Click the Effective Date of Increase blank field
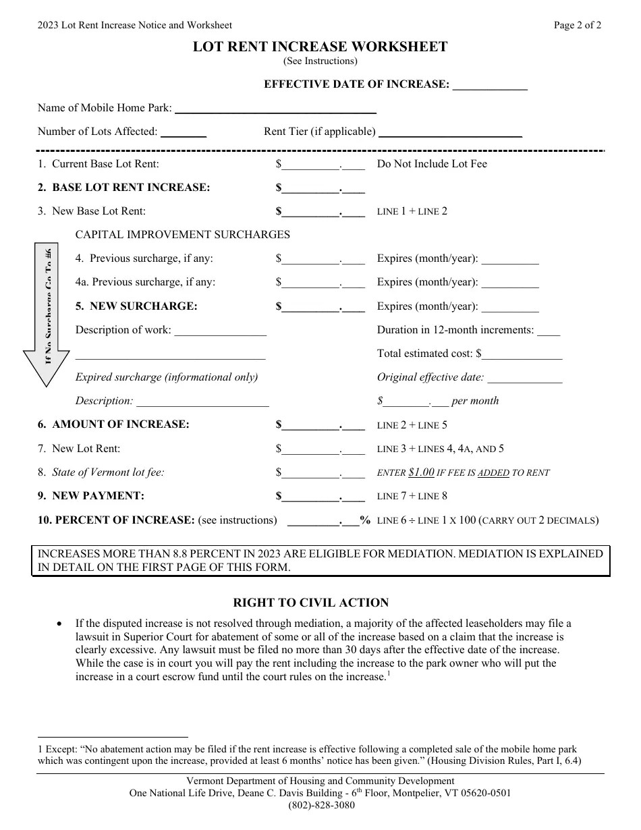click(489, 86)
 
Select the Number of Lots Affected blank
click(184, 133)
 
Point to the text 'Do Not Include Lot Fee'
click(432, 164)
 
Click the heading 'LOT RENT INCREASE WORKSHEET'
click(320, 47)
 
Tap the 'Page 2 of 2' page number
click(578, 26)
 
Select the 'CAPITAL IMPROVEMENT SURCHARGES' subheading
click(182, 235)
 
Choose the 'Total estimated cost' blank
click(522, 354)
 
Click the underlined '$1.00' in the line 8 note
click(421, 473)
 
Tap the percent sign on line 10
click(365, 520)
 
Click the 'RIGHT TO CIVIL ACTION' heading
click(311, 603)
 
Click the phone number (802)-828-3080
click(320, 805)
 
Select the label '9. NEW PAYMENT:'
click(91, 496)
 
